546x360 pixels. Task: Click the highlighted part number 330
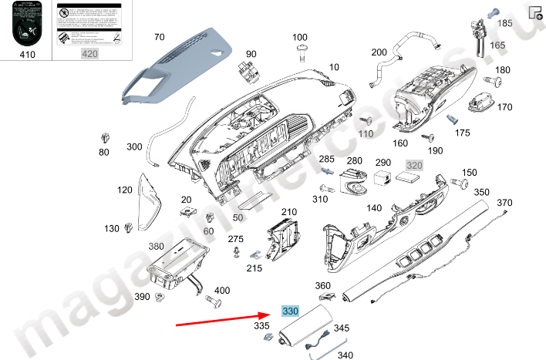[290, 311]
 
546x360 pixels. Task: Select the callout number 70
[160, 37]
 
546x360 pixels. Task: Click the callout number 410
[27, 54]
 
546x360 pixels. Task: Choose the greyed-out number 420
[89, 54]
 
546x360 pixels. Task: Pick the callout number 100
[299, 37]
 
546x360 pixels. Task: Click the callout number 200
[379, 52]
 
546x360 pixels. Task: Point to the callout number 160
[400, 143]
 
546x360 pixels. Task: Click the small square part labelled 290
[381, 177]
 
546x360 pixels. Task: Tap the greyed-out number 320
[415, 165]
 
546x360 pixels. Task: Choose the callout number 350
[481, 192]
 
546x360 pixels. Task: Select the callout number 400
[222, 291]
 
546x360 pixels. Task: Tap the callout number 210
[288, 212]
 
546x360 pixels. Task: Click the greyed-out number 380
[157, 247]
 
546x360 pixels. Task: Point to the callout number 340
[345, 355]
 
